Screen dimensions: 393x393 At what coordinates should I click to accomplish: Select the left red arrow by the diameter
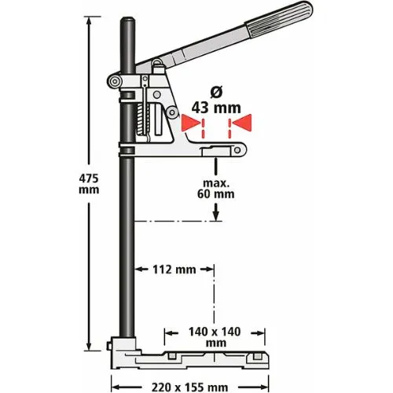pyautogui.click(x=189, y=123)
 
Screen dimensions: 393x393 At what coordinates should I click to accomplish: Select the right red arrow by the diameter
pyautogui.click(x=241, y=123)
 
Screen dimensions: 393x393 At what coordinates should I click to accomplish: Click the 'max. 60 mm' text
pyautogui.click(x=215, y=186)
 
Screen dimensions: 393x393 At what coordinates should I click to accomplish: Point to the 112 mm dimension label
pyautogui.click(x=174, y=270)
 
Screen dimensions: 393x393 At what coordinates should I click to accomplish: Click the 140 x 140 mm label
pyautogui.click(x=211, y=338)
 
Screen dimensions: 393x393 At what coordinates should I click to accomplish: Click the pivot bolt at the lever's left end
pyautogui.click(x=115, y=81)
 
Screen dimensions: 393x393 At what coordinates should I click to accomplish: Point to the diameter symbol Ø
pyautogui.click(x=213, y=93)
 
